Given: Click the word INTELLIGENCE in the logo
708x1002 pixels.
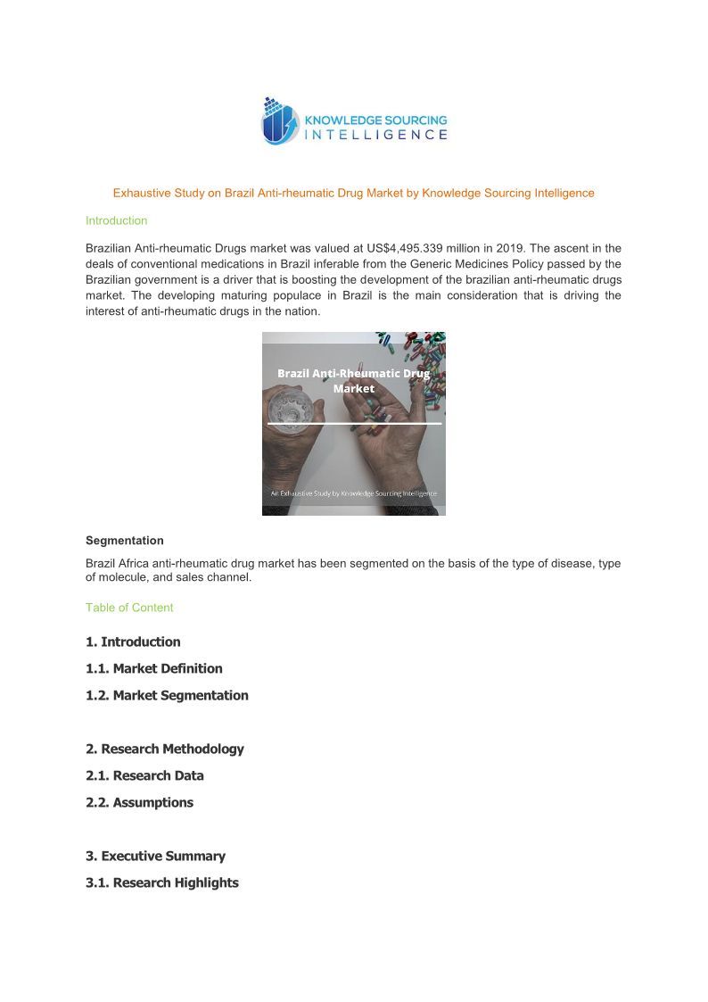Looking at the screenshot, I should [376, 136].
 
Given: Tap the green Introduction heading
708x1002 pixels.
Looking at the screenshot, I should [116, 220].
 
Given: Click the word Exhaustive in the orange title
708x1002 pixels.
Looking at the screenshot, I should [141, 193].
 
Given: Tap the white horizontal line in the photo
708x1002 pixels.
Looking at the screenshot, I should [354, 423].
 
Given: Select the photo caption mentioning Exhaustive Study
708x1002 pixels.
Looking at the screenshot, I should [354, 493].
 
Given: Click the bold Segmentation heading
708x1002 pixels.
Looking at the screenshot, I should [124, 541].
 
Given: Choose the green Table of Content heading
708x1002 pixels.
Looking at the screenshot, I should [129, 608].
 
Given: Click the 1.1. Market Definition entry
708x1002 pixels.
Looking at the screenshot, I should [154, 668].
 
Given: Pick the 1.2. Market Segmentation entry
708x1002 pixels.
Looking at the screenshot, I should [167, 695].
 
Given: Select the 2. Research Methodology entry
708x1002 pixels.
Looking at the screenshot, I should [165, 749].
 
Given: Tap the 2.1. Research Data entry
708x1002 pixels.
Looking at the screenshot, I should [144, 775].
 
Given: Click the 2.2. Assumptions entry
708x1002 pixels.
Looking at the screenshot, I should [139, 802].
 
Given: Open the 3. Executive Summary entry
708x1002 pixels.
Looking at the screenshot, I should [155, 856].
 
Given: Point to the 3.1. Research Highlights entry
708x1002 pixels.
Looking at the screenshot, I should [162, 882].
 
